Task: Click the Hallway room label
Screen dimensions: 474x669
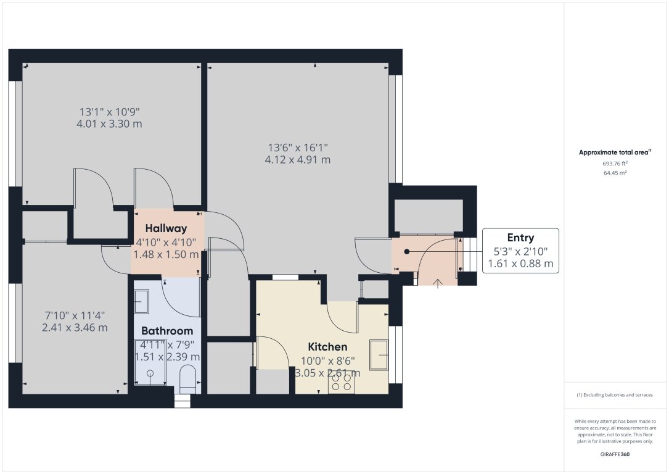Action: [166, 228]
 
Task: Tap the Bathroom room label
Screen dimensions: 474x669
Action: [167, 331]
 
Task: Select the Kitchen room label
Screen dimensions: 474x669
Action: [328, 347]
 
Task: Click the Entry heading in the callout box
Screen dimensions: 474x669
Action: [520, 238]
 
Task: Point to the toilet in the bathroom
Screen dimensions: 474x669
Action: [187, 378]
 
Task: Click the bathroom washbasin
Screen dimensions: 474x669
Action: [141, 301]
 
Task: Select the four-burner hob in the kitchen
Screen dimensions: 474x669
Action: [342, 383]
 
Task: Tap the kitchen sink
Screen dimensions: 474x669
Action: [379, 355]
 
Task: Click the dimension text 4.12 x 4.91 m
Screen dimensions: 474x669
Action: [298, 160]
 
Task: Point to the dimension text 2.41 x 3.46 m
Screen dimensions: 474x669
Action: [75, 328]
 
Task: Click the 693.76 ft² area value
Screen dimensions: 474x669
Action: [615, 164]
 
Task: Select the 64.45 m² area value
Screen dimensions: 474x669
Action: [615, 173]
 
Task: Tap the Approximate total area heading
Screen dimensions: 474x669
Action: [615, 152]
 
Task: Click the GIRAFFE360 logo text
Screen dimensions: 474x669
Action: [615, 454]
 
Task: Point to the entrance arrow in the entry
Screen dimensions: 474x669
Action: [438, 283]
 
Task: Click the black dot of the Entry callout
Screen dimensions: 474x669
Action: [407, 252]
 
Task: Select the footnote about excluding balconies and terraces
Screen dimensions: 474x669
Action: [615, 395]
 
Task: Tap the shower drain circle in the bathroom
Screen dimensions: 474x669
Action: [150, 373]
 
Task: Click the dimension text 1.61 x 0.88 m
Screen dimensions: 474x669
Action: [520, 264]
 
